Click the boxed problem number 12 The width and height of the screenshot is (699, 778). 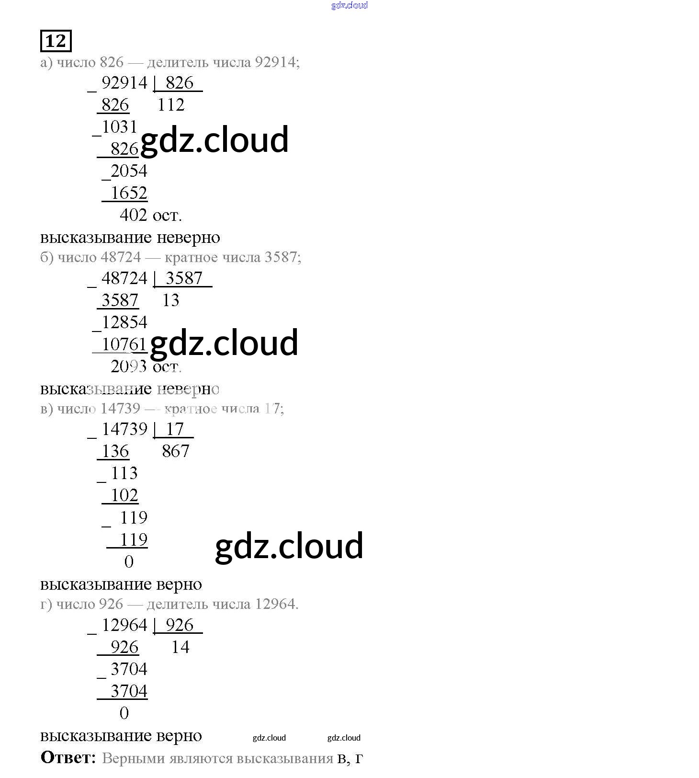(x=56, y=41)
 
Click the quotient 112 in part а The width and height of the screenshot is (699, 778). (x=171, y=105)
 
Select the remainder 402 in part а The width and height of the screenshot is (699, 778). (x=134, y=215)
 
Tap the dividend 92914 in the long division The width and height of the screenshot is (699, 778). (x=124, y=83)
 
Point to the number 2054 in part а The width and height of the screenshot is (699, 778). (x=129, y=171)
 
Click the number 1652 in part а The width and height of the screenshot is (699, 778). (x=129, y=193)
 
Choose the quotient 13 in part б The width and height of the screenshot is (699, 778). (x=170, y=300)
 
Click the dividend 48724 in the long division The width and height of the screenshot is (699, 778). (x=124, y=278)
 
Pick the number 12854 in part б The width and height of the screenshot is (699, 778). (x=124, y=322)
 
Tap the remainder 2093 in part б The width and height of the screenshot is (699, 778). (x=128, y=366)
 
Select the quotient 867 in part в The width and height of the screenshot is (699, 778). (x=176, y=451)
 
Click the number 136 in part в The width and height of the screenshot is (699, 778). (x=115, y=451)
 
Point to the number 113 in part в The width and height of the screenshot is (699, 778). (x=124, y=473)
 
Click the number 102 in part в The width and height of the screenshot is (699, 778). (x=124, y=495)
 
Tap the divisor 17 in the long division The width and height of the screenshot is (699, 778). (x=175, y=429)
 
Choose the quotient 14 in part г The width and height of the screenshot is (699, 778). (x=180, y=648)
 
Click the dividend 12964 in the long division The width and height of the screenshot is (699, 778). (x=124, y=625)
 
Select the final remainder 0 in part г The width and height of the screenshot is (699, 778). (x=124, y=713)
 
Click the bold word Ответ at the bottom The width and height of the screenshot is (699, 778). (x=68, y=757)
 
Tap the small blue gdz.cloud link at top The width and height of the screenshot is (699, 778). (x=349, y=5)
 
